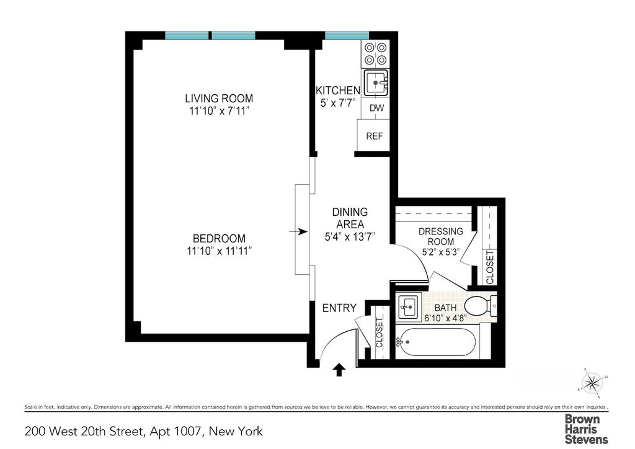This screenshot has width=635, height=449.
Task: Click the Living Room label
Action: pos(219,99)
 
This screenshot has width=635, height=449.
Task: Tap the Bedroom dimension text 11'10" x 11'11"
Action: pos(219,251)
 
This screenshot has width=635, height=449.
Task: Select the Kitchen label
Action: pos(338,91)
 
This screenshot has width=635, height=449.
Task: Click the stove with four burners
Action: pos(375,54)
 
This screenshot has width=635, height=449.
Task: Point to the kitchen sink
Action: pos(376,82)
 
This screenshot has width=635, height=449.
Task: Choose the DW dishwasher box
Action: pos(376,108)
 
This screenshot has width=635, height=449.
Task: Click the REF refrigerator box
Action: pos(373,136)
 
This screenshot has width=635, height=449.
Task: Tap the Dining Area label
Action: pos(350,218)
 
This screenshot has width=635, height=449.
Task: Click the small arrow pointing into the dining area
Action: pos(298,231)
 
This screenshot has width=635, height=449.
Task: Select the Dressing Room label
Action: pos(441,236)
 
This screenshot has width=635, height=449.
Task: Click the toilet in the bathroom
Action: pos(481,306)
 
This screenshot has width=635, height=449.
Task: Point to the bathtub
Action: pos(436,342)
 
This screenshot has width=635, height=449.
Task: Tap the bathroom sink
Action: pos(408,306)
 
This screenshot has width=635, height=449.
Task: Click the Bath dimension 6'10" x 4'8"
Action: pos(445,318)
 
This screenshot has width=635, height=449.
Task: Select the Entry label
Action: pos(339,308)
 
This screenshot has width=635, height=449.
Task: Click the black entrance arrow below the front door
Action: pos(339,370)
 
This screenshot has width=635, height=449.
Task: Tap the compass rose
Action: pos(592,383)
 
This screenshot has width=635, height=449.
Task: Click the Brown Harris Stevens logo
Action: pos(586,429)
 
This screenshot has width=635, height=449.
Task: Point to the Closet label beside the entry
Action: pos(380,333)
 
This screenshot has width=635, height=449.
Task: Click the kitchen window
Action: pos(347,35)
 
